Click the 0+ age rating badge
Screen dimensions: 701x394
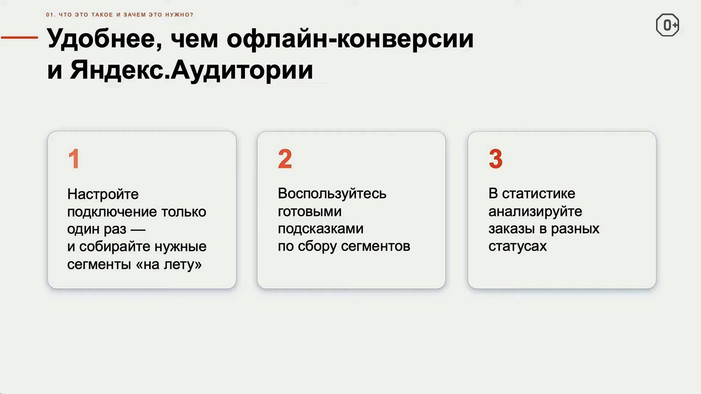667,25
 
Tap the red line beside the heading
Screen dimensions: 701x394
20,37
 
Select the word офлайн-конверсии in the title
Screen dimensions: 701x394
350,39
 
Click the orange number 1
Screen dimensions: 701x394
74,158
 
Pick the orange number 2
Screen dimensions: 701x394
285,158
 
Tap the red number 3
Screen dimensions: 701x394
496,158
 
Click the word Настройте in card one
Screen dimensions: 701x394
103,194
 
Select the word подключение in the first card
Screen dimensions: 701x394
112,212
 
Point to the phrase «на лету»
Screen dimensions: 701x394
169,265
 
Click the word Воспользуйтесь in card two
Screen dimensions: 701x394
332,194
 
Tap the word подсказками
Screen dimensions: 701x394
320,229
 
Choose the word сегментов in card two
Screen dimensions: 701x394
376,247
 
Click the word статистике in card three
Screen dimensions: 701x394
538,194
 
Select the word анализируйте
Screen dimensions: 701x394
535,212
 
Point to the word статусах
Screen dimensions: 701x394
518,247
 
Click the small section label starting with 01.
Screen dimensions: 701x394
120,15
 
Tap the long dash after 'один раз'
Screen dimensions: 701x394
138,230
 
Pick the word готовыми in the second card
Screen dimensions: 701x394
310,212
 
